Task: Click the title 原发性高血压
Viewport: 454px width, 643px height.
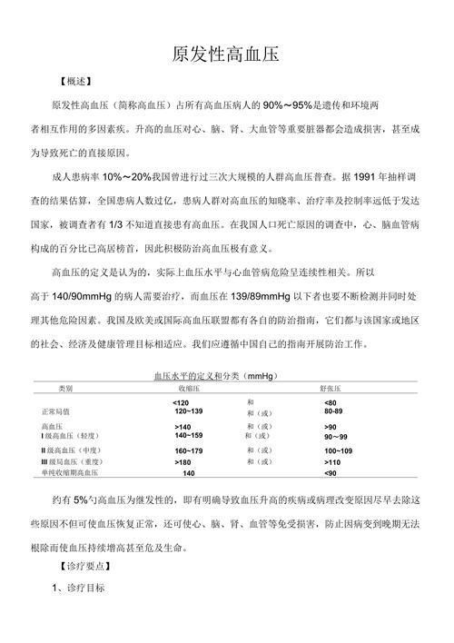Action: (x=226, y=54)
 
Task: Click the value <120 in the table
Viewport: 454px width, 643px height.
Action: (x=181, y=401)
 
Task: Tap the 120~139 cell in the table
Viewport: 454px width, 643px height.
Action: (x=188, y=411)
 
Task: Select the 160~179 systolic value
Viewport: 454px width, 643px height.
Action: (x=189, y=450)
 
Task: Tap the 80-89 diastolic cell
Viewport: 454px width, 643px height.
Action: (x=333, y=411)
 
